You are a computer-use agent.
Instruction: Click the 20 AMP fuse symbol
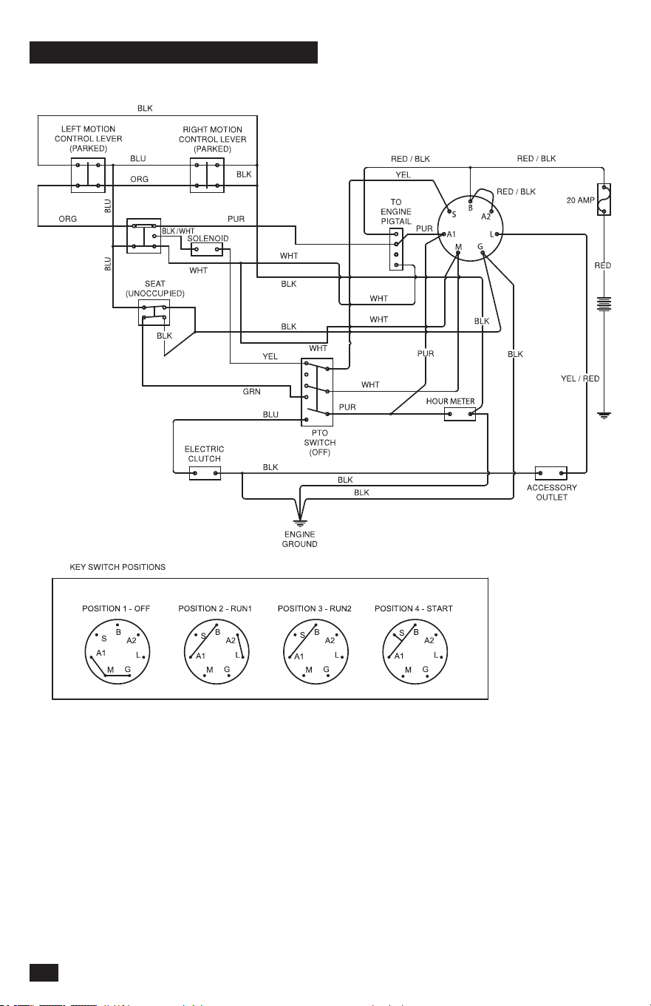(x=604, y=200)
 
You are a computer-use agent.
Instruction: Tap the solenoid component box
(x=207, y=249)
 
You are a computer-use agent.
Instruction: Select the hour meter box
(x=460, y=414)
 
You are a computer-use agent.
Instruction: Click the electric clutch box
(x=205, y=473)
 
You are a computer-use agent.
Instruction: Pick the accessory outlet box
(x=551, y=473)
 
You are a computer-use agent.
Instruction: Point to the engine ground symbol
(x=299, y=523)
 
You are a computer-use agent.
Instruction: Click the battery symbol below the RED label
(x=604, y=304)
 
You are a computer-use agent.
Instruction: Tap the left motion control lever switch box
(x=88, y=175)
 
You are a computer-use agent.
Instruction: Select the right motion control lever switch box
(x=207, y=175)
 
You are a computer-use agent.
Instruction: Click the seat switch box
(x=154, y=313)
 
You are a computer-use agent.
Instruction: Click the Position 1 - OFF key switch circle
(x=117, y=652)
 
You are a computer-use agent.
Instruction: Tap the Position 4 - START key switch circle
(x=415, y=652)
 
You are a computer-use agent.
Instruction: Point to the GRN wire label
(x=251, y=392)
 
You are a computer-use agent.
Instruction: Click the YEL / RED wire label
(x=580, y=378)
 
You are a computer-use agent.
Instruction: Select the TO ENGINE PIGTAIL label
(x=396, y=211)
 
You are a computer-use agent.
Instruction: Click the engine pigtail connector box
(x=396, y=249)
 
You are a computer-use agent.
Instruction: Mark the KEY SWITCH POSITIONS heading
(x=117, y=567)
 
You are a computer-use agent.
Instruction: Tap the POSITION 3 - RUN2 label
(x=314, y=608)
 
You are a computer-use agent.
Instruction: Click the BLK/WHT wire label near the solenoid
(x=178, y=231)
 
